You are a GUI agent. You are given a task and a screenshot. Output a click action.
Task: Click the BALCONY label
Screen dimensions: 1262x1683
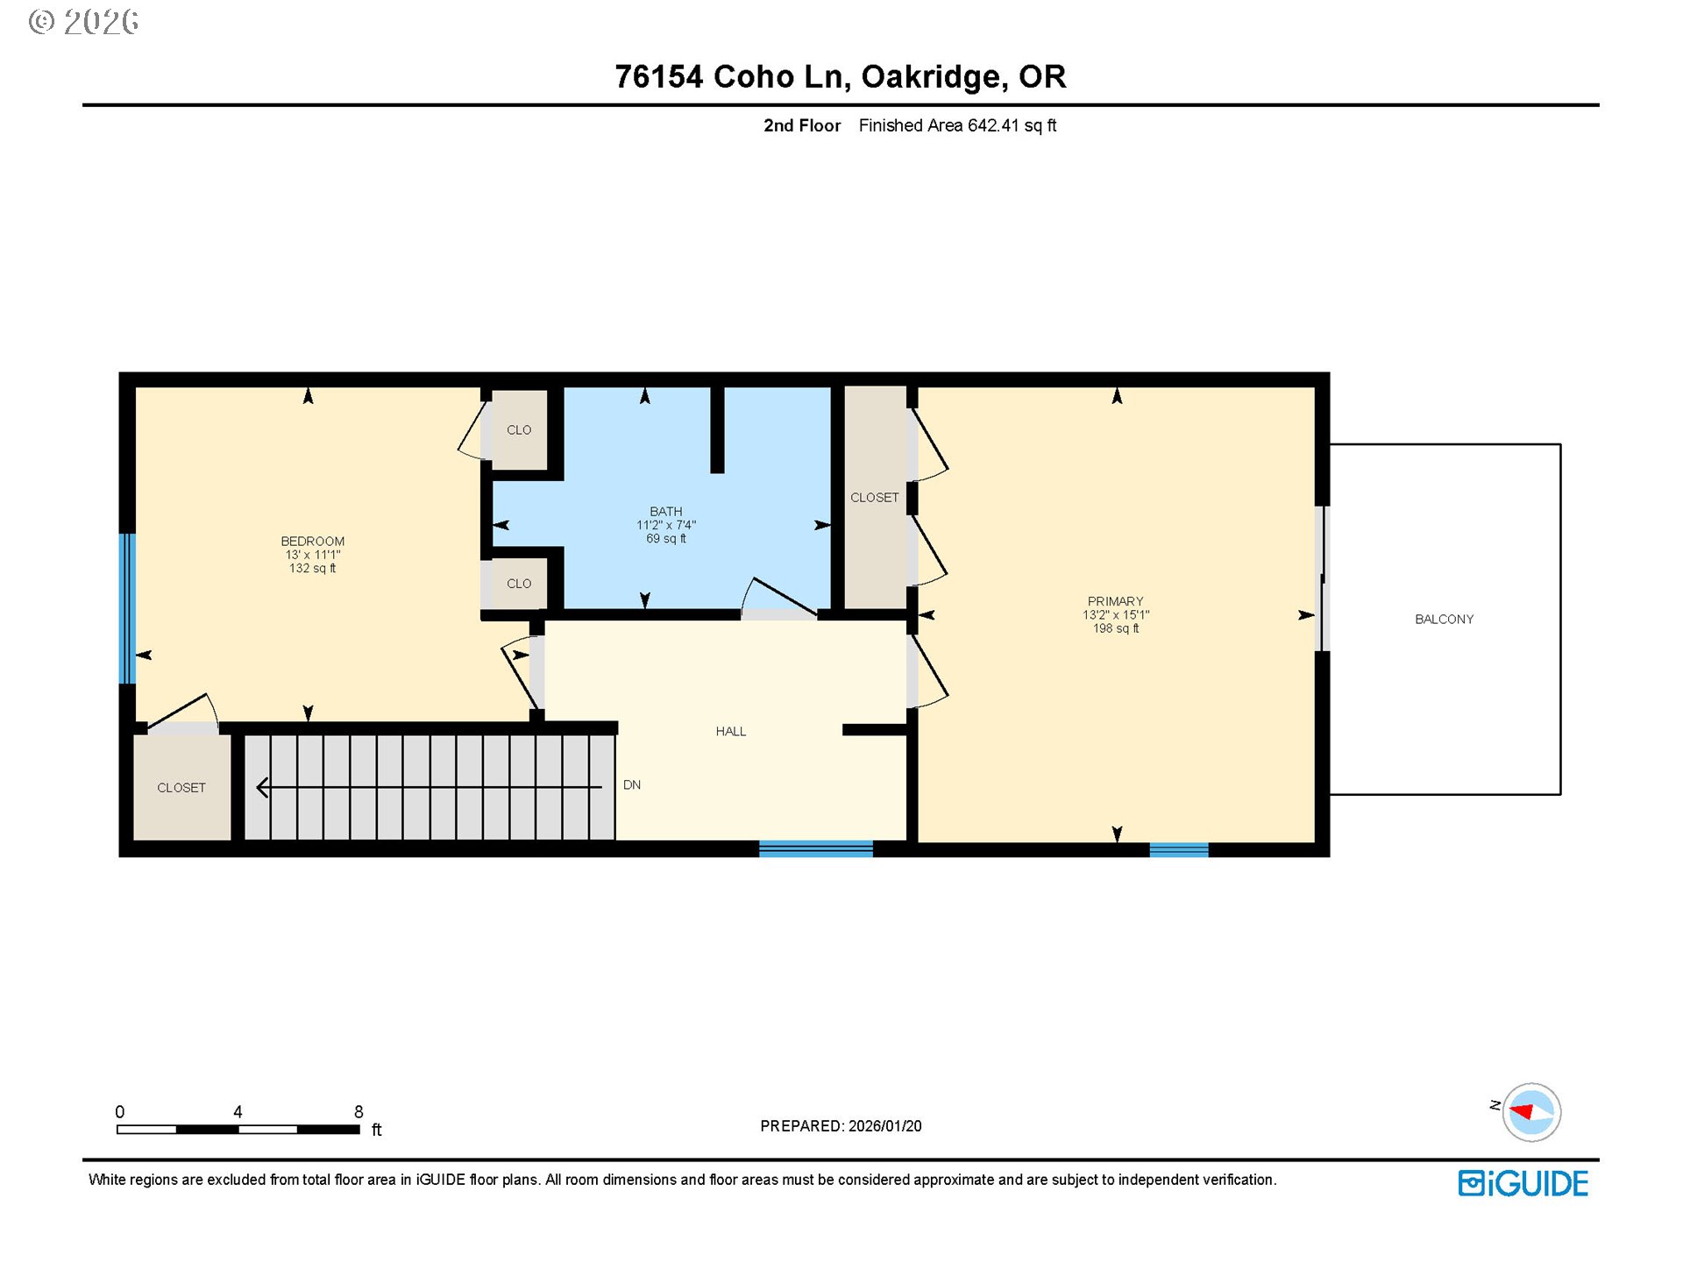1444,619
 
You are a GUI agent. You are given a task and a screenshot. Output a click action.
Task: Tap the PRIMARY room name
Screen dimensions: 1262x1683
1115,601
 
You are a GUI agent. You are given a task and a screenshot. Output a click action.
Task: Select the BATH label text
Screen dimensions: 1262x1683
665,511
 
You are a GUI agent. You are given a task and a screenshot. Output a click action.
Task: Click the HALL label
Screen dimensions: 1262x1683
730,731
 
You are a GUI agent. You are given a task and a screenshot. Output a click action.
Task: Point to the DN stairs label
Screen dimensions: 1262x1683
631,784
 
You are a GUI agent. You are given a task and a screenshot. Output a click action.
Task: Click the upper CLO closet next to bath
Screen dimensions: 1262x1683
519,429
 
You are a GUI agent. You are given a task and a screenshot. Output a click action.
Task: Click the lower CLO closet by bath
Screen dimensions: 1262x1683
519,584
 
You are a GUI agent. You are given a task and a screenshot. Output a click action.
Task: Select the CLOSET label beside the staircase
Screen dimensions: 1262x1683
181,788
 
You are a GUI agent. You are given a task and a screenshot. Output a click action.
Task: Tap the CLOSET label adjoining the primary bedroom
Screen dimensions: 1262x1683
874,497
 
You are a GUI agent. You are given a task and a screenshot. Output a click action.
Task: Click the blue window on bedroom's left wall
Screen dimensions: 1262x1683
127,608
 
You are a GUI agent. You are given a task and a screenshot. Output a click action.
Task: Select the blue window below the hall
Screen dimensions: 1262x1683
815,847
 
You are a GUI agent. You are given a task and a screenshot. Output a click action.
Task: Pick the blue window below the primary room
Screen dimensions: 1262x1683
1178,848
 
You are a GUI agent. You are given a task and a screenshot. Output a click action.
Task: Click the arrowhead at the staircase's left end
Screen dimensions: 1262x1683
262,787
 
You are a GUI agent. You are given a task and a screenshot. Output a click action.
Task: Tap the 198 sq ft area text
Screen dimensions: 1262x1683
1115,628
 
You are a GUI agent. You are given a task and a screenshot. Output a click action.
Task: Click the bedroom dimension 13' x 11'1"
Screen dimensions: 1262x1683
312,555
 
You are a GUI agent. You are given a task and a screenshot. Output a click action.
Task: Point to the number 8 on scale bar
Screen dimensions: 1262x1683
359,1111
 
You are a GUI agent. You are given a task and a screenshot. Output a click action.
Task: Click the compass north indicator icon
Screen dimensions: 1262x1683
1530,1112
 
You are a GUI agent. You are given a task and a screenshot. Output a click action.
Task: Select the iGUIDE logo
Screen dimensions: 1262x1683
1523,1183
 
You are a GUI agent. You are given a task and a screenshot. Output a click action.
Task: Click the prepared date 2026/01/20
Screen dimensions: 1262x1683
884,1126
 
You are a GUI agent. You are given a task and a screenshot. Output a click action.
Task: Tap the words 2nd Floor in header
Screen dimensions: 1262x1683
801,125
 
